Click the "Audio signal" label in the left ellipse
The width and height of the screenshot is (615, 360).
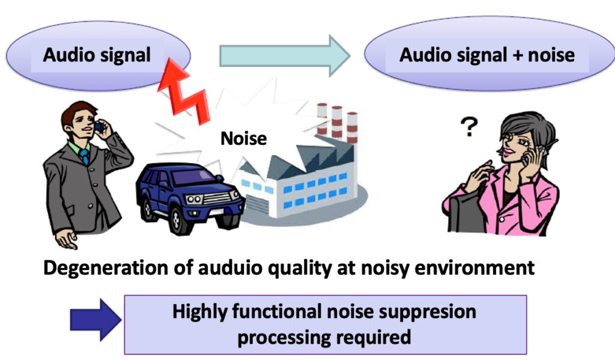[x=96, y=55]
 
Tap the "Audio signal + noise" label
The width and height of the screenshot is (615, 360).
[x=486, y=55]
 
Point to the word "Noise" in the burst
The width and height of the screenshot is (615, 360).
[x=243, y=138]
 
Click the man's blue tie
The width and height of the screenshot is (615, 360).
[x=84, y=156]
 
